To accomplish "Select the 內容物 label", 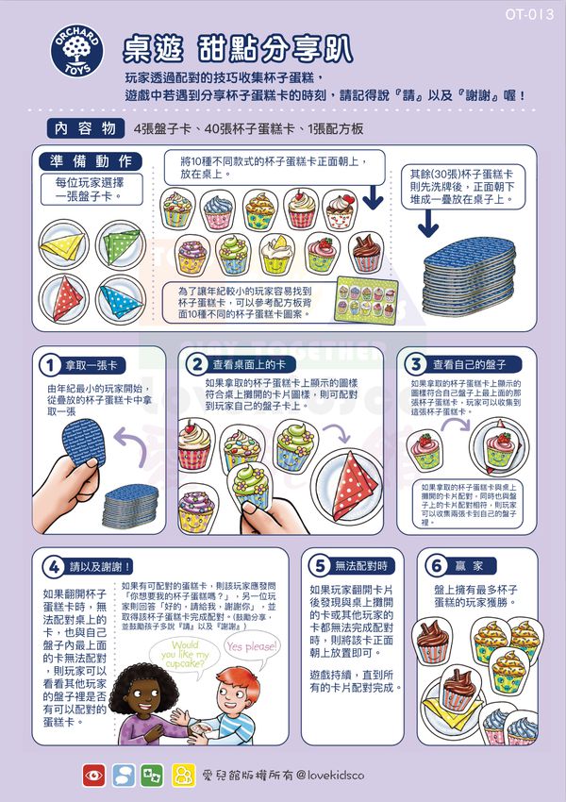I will tap(85, 127).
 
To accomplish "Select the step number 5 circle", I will tap(319, 566).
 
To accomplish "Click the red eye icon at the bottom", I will tap(93, 775).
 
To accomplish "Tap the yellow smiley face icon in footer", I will tap(180, 775).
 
